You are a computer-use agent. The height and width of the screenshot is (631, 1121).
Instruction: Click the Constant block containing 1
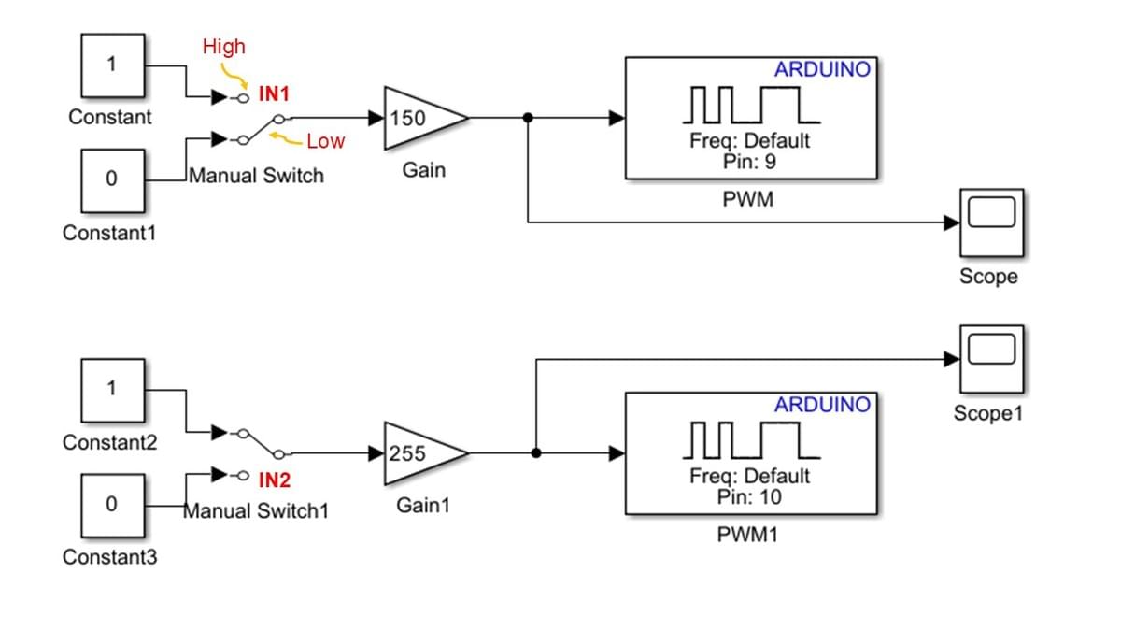111,65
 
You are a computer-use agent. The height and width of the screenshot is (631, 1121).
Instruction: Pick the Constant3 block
111,505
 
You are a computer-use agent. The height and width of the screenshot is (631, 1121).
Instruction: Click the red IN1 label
275,94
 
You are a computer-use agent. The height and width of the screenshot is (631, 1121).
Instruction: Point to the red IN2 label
275,481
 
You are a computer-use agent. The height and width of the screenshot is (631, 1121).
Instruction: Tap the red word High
224,46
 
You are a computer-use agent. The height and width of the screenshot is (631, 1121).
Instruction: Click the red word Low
325,141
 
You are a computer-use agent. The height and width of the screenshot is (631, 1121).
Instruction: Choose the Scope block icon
991,222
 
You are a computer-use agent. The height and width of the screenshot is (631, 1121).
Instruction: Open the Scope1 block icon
991,358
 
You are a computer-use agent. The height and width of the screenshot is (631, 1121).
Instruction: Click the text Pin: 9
750,161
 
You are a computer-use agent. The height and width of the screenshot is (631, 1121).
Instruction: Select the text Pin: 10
750,496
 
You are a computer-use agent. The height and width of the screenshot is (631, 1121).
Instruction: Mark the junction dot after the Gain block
528,118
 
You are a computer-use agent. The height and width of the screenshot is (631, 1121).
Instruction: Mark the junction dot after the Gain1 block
535,453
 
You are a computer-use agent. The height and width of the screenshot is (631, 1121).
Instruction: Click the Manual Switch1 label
256,511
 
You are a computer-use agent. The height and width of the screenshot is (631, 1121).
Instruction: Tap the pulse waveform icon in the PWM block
750,104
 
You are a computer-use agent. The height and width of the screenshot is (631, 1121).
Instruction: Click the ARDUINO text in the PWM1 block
822,405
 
